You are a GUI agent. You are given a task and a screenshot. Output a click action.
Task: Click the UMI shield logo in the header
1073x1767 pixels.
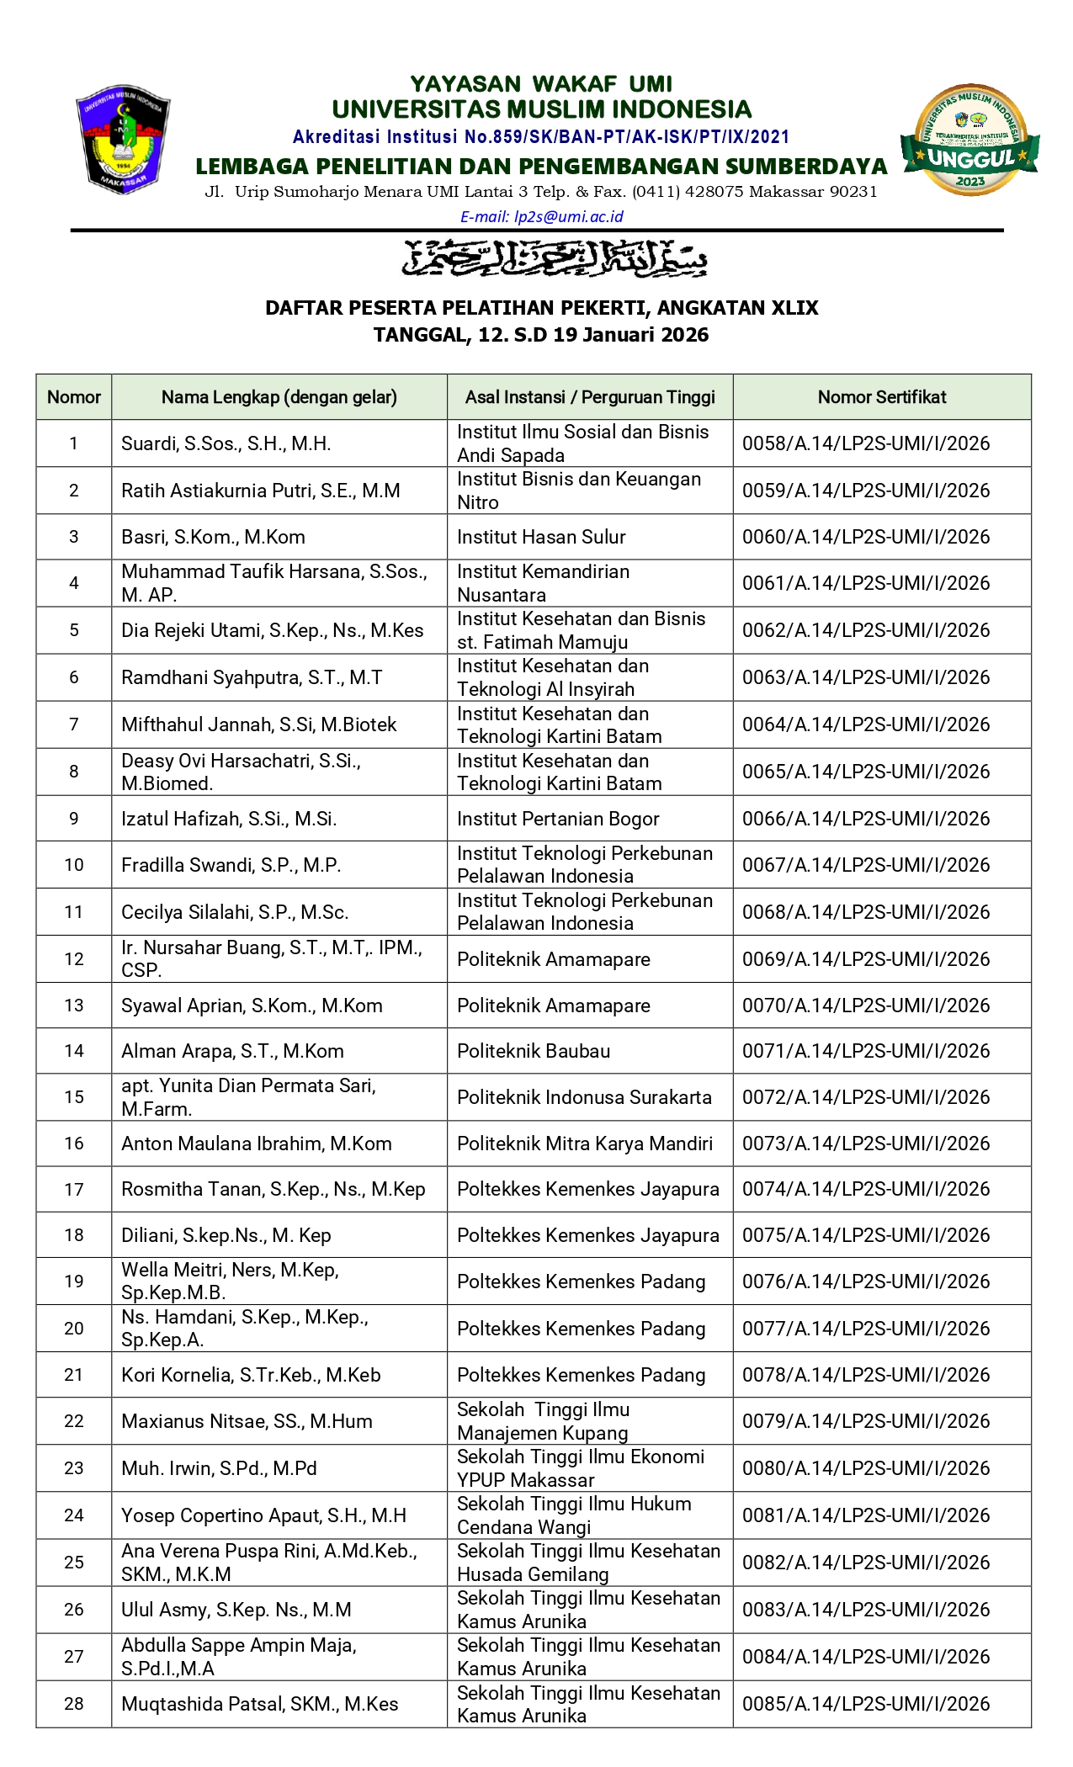[x=123, y=139]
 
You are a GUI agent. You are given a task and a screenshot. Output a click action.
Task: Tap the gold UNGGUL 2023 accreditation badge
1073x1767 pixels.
[x=969, y=140]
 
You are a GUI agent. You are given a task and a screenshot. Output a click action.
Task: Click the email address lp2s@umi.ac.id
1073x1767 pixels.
[x=541, y=216]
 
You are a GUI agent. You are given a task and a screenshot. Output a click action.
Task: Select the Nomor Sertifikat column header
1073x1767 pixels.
[x=881, y=397]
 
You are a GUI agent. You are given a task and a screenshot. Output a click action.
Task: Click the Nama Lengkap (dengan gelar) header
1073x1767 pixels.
[x=279, y=397]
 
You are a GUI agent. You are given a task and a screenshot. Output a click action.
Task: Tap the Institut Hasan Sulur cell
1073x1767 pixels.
[x=541, y=537]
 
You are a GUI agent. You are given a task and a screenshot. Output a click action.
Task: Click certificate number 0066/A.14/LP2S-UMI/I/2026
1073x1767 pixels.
[x=865, y=819]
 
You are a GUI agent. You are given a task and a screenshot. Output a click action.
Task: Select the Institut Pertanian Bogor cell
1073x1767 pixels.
[x=557, y=819]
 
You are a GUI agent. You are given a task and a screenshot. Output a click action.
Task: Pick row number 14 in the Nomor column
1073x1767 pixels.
[x=74, y=1051]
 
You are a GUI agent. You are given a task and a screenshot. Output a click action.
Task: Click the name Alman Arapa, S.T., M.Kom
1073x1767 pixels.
[x=232, y=1051]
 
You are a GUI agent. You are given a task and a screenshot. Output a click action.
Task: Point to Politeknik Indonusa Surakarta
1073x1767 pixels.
[x=584, y=1097]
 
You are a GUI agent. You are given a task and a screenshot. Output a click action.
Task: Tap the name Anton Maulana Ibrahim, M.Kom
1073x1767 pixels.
[x=257, y=1144]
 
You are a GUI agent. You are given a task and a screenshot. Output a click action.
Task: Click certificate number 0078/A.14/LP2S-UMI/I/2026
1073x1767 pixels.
[x=865, y=1375]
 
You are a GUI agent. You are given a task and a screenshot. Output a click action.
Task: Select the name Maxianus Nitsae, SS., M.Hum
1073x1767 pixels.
[x=247, y=1421]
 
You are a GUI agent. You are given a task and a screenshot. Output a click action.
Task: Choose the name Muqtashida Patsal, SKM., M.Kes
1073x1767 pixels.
[x=259, y=1704]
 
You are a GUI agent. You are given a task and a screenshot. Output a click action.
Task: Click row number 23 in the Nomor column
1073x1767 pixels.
[x=74, y=1468]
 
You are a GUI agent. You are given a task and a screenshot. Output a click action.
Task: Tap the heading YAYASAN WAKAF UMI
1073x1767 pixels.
[x=541, y=84]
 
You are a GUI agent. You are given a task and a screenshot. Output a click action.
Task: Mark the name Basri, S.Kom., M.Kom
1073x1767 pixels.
[x=213, y=537]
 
